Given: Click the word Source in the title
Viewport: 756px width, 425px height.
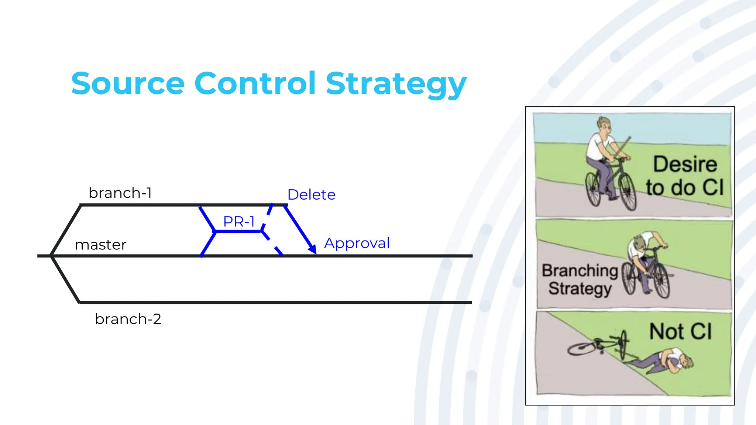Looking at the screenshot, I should pyautogui.click(x=128, y=84).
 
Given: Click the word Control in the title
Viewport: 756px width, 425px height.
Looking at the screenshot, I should pyautogui.click(x=255, y=83).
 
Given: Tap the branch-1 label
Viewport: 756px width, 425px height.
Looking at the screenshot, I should pyautogui.click(x=120, y=193).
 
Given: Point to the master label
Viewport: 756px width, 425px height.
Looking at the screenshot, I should pyautogui.click(x=100, y=245).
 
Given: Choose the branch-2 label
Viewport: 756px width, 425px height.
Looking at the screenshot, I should pyautogui.click(x=128, y=319).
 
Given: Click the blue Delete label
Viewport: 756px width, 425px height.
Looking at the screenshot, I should pyautogui.click(x=311, y=195).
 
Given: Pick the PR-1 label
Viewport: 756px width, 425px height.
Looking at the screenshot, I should pyautogui.click(x=239, y=222).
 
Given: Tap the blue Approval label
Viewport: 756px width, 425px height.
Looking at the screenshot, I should pyautogui.click(x=357, y=243).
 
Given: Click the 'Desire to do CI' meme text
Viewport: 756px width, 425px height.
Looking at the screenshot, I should pyautogui.click(x=685, y=176).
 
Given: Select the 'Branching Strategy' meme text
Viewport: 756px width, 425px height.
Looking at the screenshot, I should pyautogui.click(x=580, y=280).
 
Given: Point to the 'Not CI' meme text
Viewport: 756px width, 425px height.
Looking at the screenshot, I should pyautogui.click(x=680, y=331).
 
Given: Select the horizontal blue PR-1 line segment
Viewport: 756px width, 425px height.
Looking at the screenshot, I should pyautogui.click(x=238, y=231).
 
